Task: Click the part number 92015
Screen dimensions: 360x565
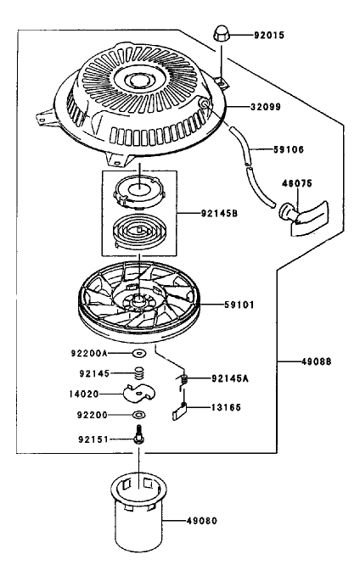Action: coord(269,35)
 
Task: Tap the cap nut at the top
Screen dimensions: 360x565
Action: coord(221,34)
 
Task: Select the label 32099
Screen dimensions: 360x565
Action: coord(266,107)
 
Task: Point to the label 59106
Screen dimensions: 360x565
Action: coord(289,149)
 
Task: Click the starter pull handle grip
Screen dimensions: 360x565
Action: coord(304,218)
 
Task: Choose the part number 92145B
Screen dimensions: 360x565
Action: coord(219,213)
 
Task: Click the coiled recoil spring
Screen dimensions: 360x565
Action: coord(138,232)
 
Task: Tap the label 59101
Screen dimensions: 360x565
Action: coord(239,305)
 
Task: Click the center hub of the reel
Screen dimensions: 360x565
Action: coord(138,299)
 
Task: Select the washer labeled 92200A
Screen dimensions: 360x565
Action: coord(139,354)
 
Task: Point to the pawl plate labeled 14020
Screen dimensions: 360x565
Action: coord(139,393)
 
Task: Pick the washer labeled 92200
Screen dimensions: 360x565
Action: coord(139,415)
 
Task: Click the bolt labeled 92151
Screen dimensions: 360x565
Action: coord(139,435)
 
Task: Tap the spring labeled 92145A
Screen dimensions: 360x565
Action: coord(183,379)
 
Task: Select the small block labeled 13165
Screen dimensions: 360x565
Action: coord(179,411)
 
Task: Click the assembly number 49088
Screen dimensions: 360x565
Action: coord(316,361)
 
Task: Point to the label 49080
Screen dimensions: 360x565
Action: coord(202,520)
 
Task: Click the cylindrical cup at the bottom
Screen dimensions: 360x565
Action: coord(139,512)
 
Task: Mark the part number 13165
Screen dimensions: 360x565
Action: coord(226,407)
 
